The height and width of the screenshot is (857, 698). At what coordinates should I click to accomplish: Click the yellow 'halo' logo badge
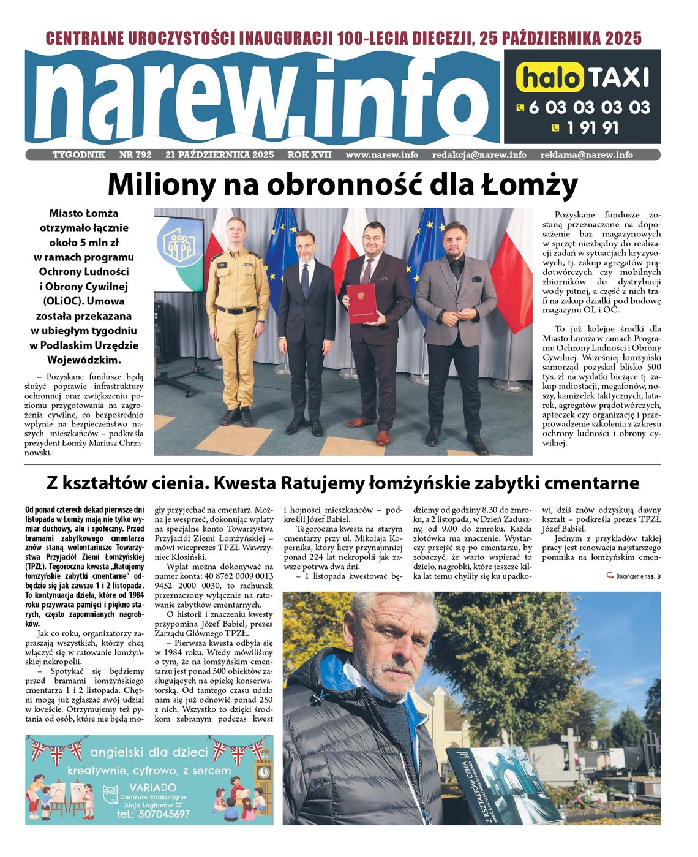point(550,78)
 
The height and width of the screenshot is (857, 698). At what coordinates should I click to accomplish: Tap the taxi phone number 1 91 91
point(592,128)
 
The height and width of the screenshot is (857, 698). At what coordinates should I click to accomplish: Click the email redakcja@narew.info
point(479,155)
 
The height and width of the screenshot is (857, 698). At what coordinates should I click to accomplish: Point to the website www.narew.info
point(381,155)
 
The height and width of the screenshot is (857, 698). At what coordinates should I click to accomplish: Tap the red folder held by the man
point(361,303)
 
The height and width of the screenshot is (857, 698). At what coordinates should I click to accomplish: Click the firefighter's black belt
point(236,310)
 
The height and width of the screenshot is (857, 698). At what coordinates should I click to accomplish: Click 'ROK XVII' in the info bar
point(309,155)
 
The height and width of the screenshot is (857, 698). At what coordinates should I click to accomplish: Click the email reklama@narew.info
point(586,155)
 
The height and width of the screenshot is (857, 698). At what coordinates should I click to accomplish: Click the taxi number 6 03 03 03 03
point(588,108)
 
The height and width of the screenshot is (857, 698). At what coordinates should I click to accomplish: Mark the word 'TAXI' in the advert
point(618,78)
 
